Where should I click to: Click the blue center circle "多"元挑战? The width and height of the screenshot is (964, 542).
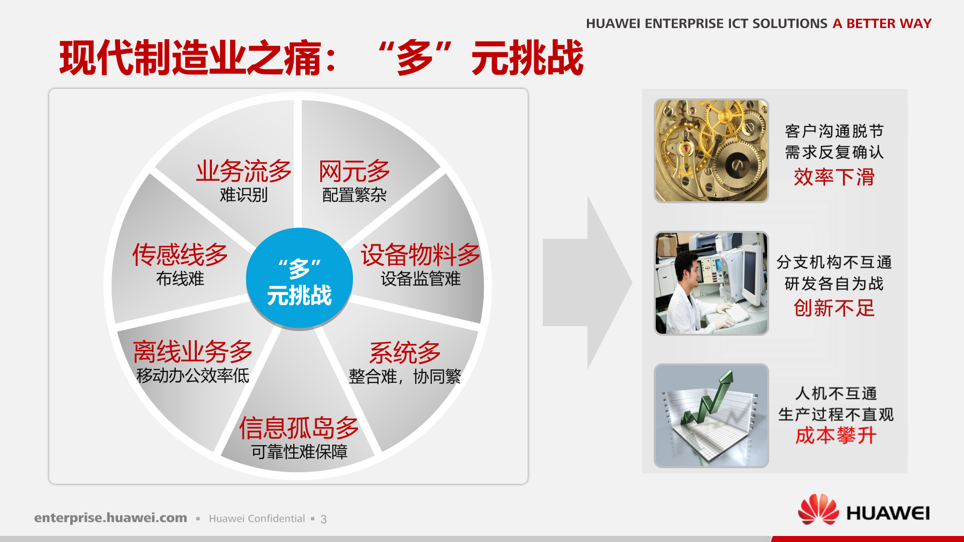(299, 279)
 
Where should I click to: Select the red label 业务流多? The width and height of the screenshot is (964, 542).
(244, 172)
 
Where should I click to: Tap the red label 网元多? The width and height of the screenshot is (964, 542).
(354, 172)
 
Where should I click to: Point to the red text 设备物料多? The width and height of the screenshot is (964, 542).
(420, 255)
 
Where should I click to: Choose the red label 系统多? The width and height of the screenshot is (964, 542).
(405, 353)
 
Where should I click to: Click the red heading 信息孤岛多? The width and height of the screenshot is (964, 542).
(299, 428)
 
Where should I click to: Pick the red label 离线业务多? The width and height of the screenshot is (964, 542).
(192, 351)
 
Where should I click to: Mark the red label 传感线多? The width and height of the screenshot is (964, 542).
(180, 255)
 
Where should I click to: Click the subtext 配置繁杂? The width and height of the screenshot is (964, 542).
(354, 195)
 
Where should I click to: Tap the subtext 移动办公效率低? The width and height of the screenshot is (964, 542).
(192, 375)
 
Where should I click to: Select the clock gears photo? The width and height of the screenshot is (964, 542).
(711, 151)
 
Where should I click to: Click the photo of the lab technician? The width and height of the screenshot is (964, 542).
(711, 283)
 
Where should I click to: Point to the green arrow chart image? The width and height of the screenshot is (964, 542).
(711, 416)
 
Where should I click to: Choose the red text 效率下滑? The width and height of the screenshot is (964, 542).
(834, 177)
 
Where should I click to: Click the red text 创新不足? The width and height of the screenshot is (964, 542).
(834, 308)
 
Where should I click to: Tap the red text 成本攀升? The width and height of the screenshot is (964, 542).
(835, 436)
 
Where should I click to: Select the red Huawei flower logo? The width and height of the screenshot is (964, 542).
(818, 509)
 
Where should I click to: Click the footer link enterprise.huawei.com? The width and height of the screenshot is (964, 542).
(110, 518)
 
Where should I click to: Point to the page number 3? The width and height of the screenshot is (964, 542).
(323, 519)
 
